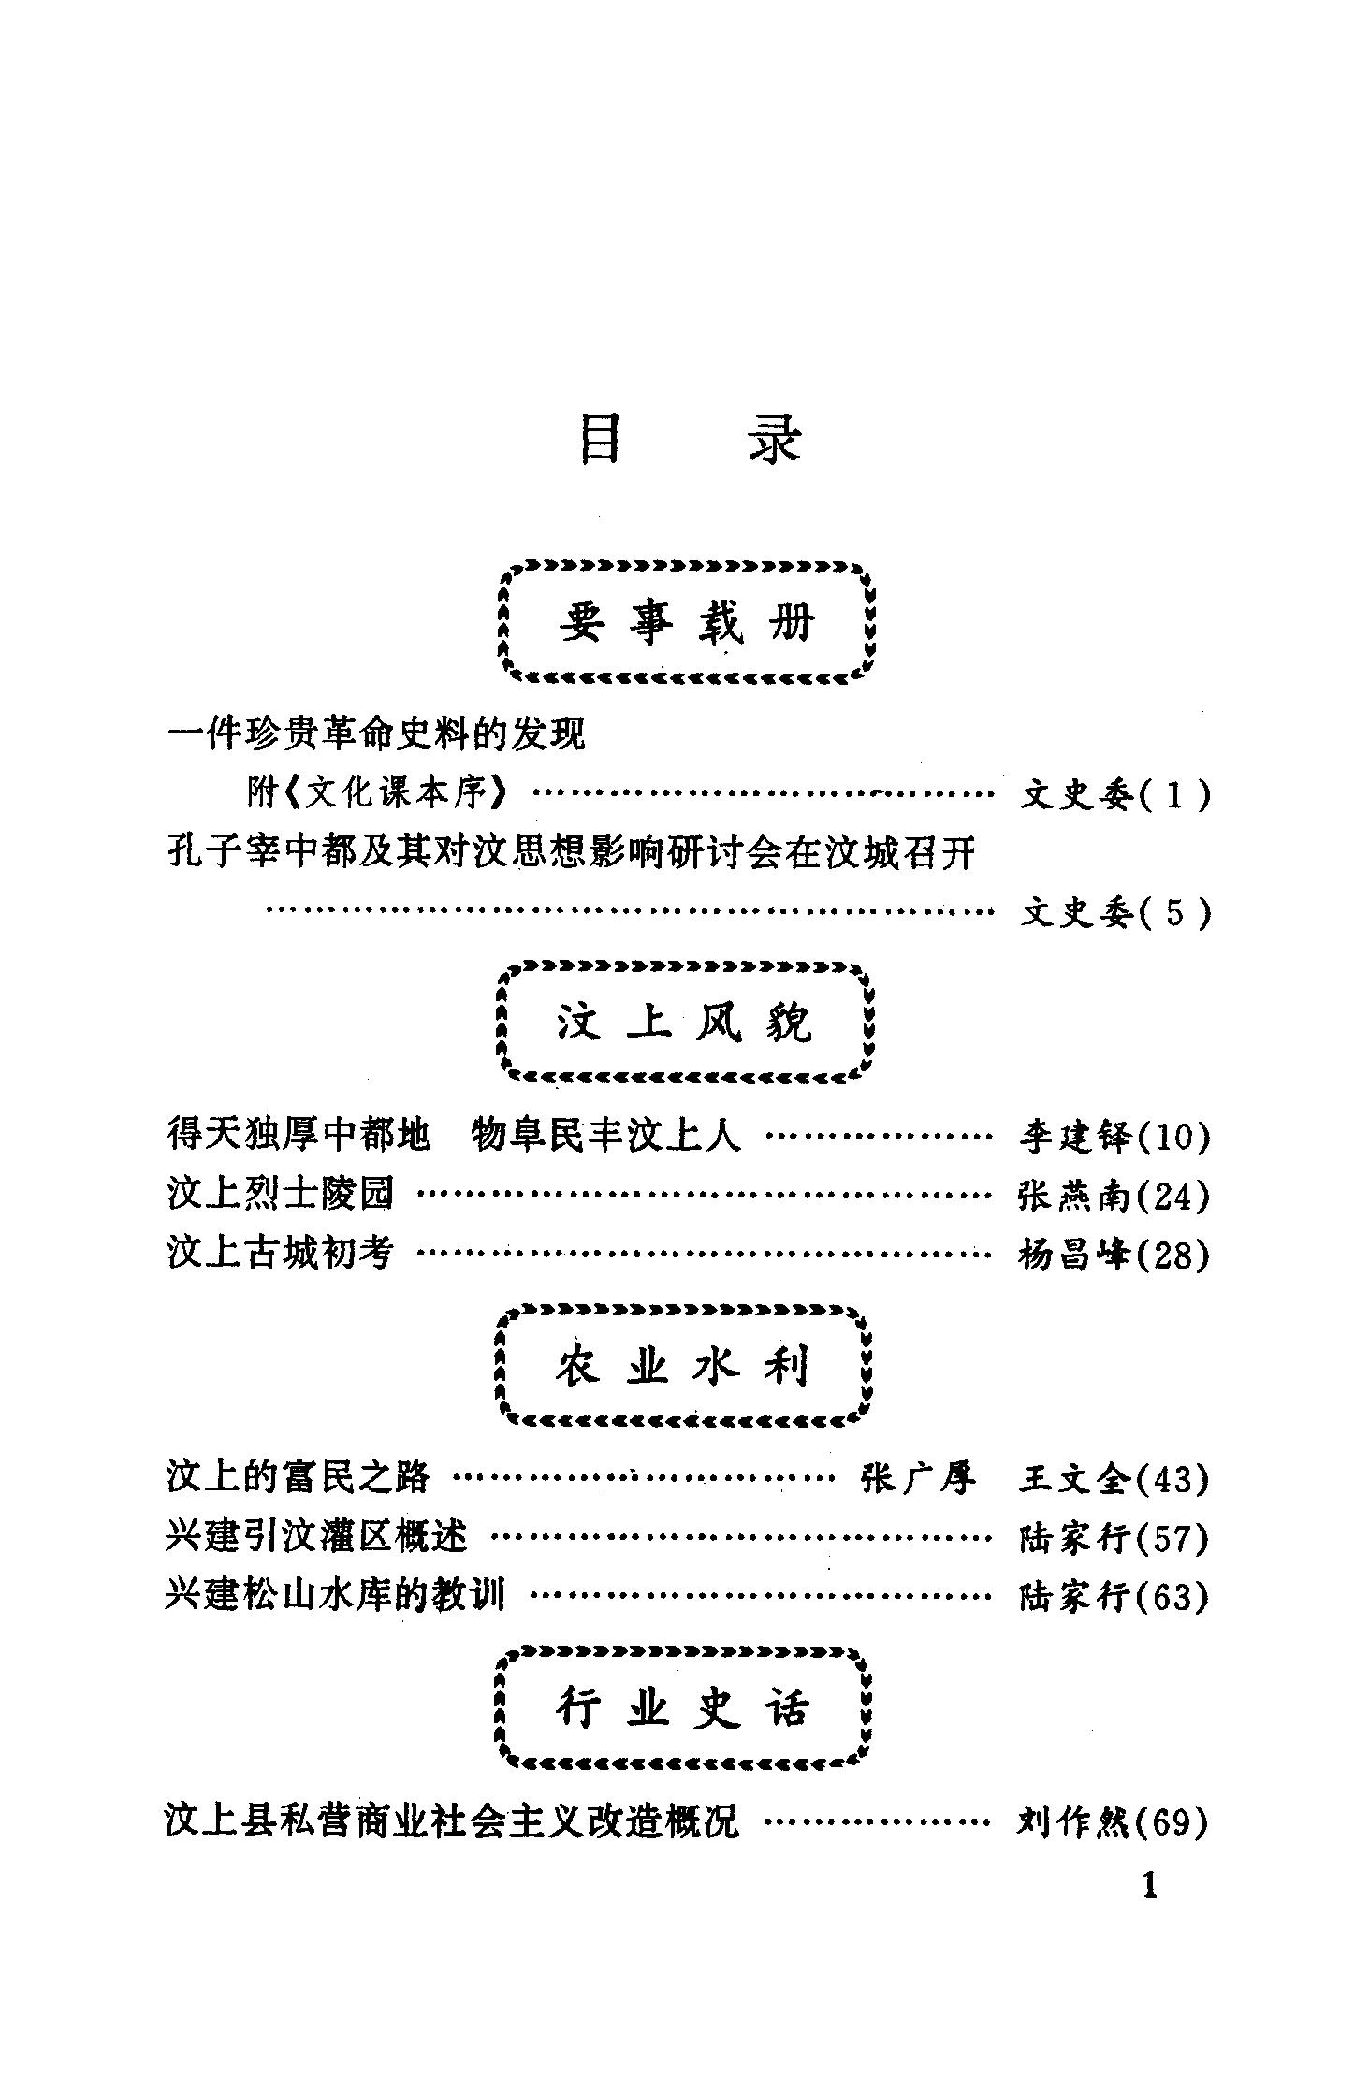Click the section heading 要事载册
point(687,621)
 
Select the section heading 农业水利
point(683,1366)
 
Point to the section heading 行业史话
point(683,1709)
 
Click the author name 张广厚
point(918,1478)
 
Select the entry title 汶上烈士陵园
point(281,1194)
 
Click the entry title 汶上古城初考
point(281,1252)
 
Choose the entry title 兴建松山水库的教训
point(334,1594)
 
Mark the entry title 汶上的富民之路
point(298,1476)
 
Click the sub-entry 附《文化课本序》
point(379,793)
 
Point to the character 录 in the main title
point(775,440)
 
